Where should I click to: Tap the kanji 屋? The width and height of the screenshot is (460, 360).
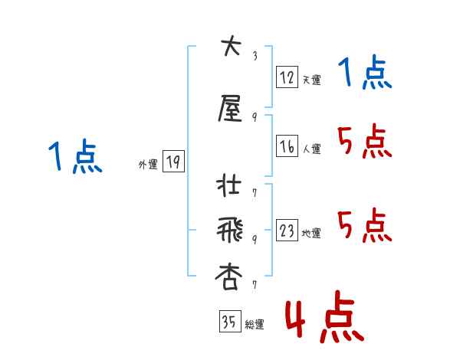[x=230, y=110]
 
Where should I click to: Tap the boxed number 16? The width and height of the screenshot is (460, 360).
[x=286, y=147]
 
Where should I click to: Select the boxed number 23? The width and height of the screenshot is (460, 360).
[x=286, y=231]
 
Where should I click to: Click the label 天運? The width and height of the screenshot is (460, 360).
[x=311, y=79]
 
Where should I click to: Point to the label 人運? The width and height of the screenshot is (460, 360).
[x=311, y=149]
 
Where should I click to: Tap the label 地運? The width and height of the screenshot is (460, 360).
[x=311, y=234]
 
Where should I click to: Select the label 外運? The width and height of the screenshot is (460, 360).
[x=148, y=164]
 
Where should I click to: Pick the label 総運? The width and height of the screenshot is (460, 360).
[x=254, y=324]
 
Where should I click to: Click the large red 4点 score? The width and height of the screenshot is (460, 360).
[x=323, y=320]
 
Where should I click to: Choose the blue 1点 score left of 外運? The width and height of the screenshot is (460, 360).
[x=75, y=157]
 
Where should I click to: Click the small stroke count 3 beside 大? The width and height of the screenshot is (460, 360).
[x=255, y=55]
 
